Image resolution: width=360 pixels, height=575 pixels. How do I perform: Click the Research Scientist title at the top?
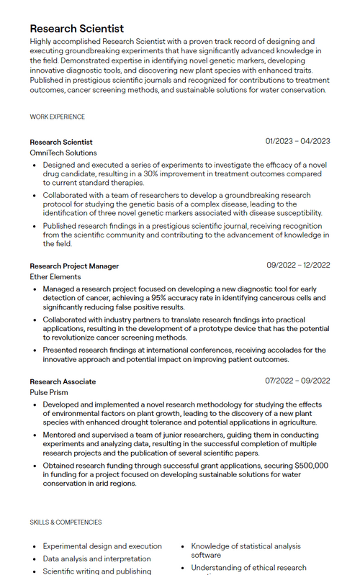76,28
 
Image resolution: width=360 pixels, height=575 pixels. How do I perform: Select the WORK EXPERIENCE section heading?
57,117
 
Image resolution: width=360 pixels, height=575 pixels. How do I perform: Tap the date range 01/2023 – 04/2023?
297,141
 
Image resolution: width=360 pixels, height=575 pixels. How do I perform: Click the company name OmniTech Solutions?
63,153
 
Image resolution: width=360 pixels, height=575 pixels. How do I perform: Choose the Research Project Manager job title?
74,266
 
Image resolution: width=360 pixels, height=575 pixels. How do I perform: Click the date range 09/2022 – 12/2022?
298,265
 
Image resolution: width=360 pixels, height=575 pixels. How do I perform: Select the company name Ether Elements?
55,276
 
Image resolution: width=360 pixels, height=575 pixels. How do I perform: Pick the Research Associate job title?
63,381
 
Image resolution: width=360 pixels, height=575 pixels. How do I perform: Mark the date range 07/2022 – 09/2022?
297,381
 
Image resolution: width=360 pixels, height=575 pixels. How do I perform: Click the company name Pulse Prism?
49,392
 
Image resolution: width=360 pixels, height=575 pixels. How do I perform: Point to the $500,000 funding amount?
311,466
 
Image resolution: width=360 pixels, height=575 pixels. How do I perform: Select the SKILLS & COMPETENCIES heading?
66,522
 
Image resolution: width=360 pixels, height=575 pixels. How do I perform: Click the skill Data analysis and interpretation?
96,558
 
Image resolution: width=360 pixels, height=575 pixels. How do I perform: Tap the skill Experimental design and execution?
102,546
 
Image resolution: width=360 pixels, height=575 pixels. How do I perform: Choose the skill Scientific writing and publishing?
96,571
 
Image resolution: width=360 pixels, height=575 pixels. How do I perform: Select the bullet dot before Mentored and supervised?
35,435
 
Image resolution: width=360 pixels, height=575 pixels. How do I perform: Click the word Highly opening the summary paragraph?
44,42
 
